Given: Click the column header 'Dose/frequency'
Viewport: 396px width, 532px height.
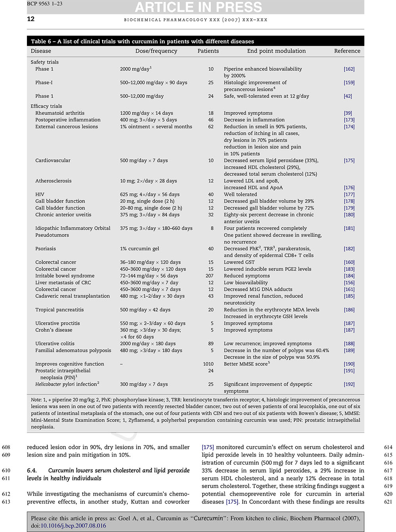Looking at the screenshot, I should (x=156, y=51).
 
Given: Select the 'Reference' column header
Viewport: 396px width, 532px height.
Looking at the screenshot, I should (x=347, y=51).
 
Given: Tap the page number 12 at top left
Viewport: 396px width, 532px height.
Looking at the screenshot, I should (x=30, y=19).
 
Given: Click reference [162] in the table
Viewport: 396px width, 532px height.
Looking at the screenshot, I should (x=349, y=69).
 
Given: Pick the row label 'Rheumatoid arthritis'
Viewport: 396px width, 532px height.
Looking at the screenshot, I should (x=60, y=113).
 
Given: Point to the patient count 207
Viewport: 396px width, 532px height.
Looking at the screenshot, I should (x=209, y=276).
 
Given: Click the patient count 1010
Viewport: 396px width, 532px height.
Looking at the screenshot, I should (x=208, y=364).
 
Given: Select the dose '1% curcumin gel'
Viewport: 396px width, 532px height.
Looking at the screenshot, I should (x=139, y=249).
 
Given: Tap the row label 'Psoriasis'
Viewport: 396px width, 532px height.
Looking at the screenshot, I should (x=46, y=249).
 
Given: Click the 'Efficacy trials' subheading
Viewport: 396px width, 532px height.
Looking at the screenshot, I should (x=46, y=106).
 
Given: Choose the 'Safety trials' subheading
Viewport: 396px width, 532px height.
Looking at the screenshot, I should (x=44, y=62).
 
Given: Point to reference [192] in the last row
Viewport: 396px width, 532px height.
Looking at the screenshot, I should (x=349, y=384).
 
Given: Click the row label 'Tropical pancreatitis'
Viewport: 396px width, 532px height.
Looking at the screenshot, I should (x=59, y=310).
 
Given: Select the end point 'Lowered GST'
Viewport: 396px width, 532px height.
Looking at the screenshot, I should (x=239, y=262).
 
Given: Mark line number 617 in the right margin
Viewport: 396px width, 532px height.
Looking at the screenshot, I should (x=388, y=471).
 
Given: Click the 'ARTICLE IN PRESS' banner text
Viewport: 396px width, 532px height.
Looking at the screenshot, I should (x=198, y=7).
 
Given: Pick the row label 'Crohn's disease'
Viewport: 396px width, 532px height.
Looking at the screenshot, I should (x=54, y=330).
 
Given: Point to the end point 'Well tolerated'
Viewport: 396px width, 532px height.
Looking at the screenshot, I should (x=240, y=194).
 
